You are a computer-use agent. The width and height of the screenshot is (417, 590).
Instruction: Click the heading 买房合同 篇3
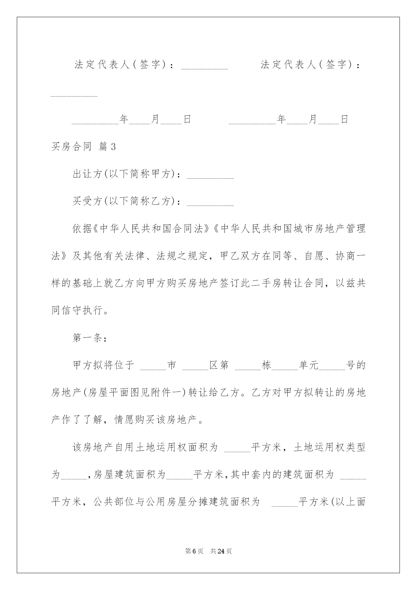(83, 147)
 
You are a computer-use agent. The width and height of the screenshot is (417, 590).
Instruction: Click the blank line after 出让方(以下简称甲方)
(210, 175)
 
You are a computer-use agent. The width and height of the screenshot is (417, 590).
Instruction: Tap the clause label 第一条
(89, 338)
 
